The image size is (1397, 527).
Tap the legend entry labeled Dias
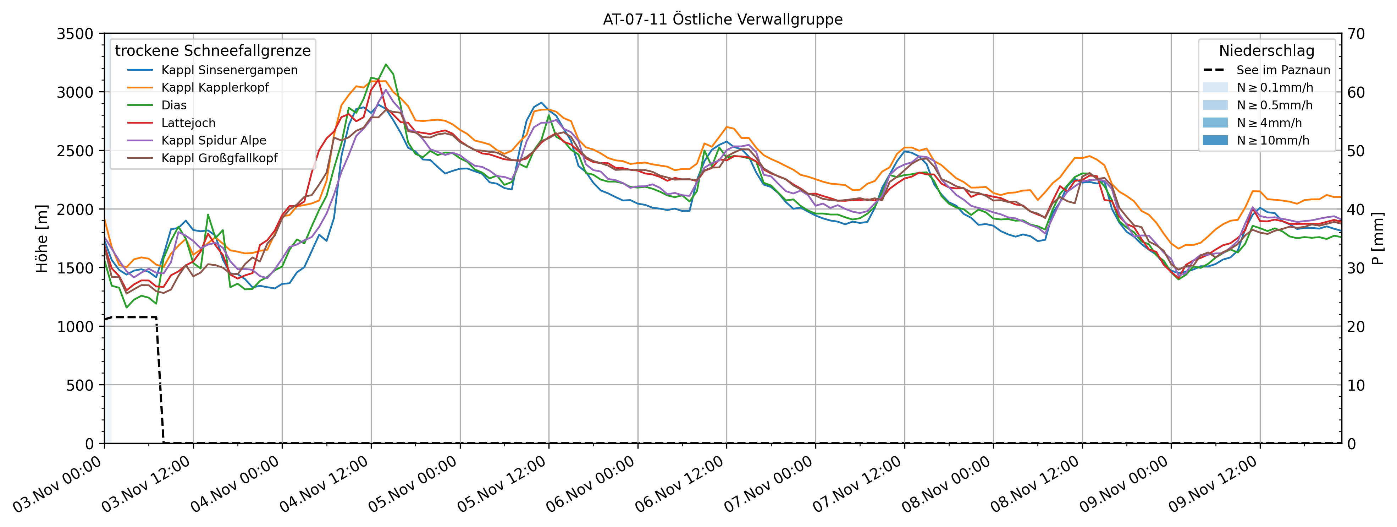173,105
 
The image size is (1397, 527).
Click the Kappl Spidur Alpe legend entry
214,141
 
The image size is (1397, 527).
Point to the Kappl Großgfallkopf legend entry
219,158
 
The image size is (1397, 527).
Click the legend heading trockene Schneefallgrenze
212,50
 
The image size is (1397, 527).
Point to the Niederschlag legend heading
1266,50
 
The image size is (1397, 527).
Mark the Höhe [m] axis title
42,239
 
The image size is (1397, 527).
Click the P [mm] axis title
1377,239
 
